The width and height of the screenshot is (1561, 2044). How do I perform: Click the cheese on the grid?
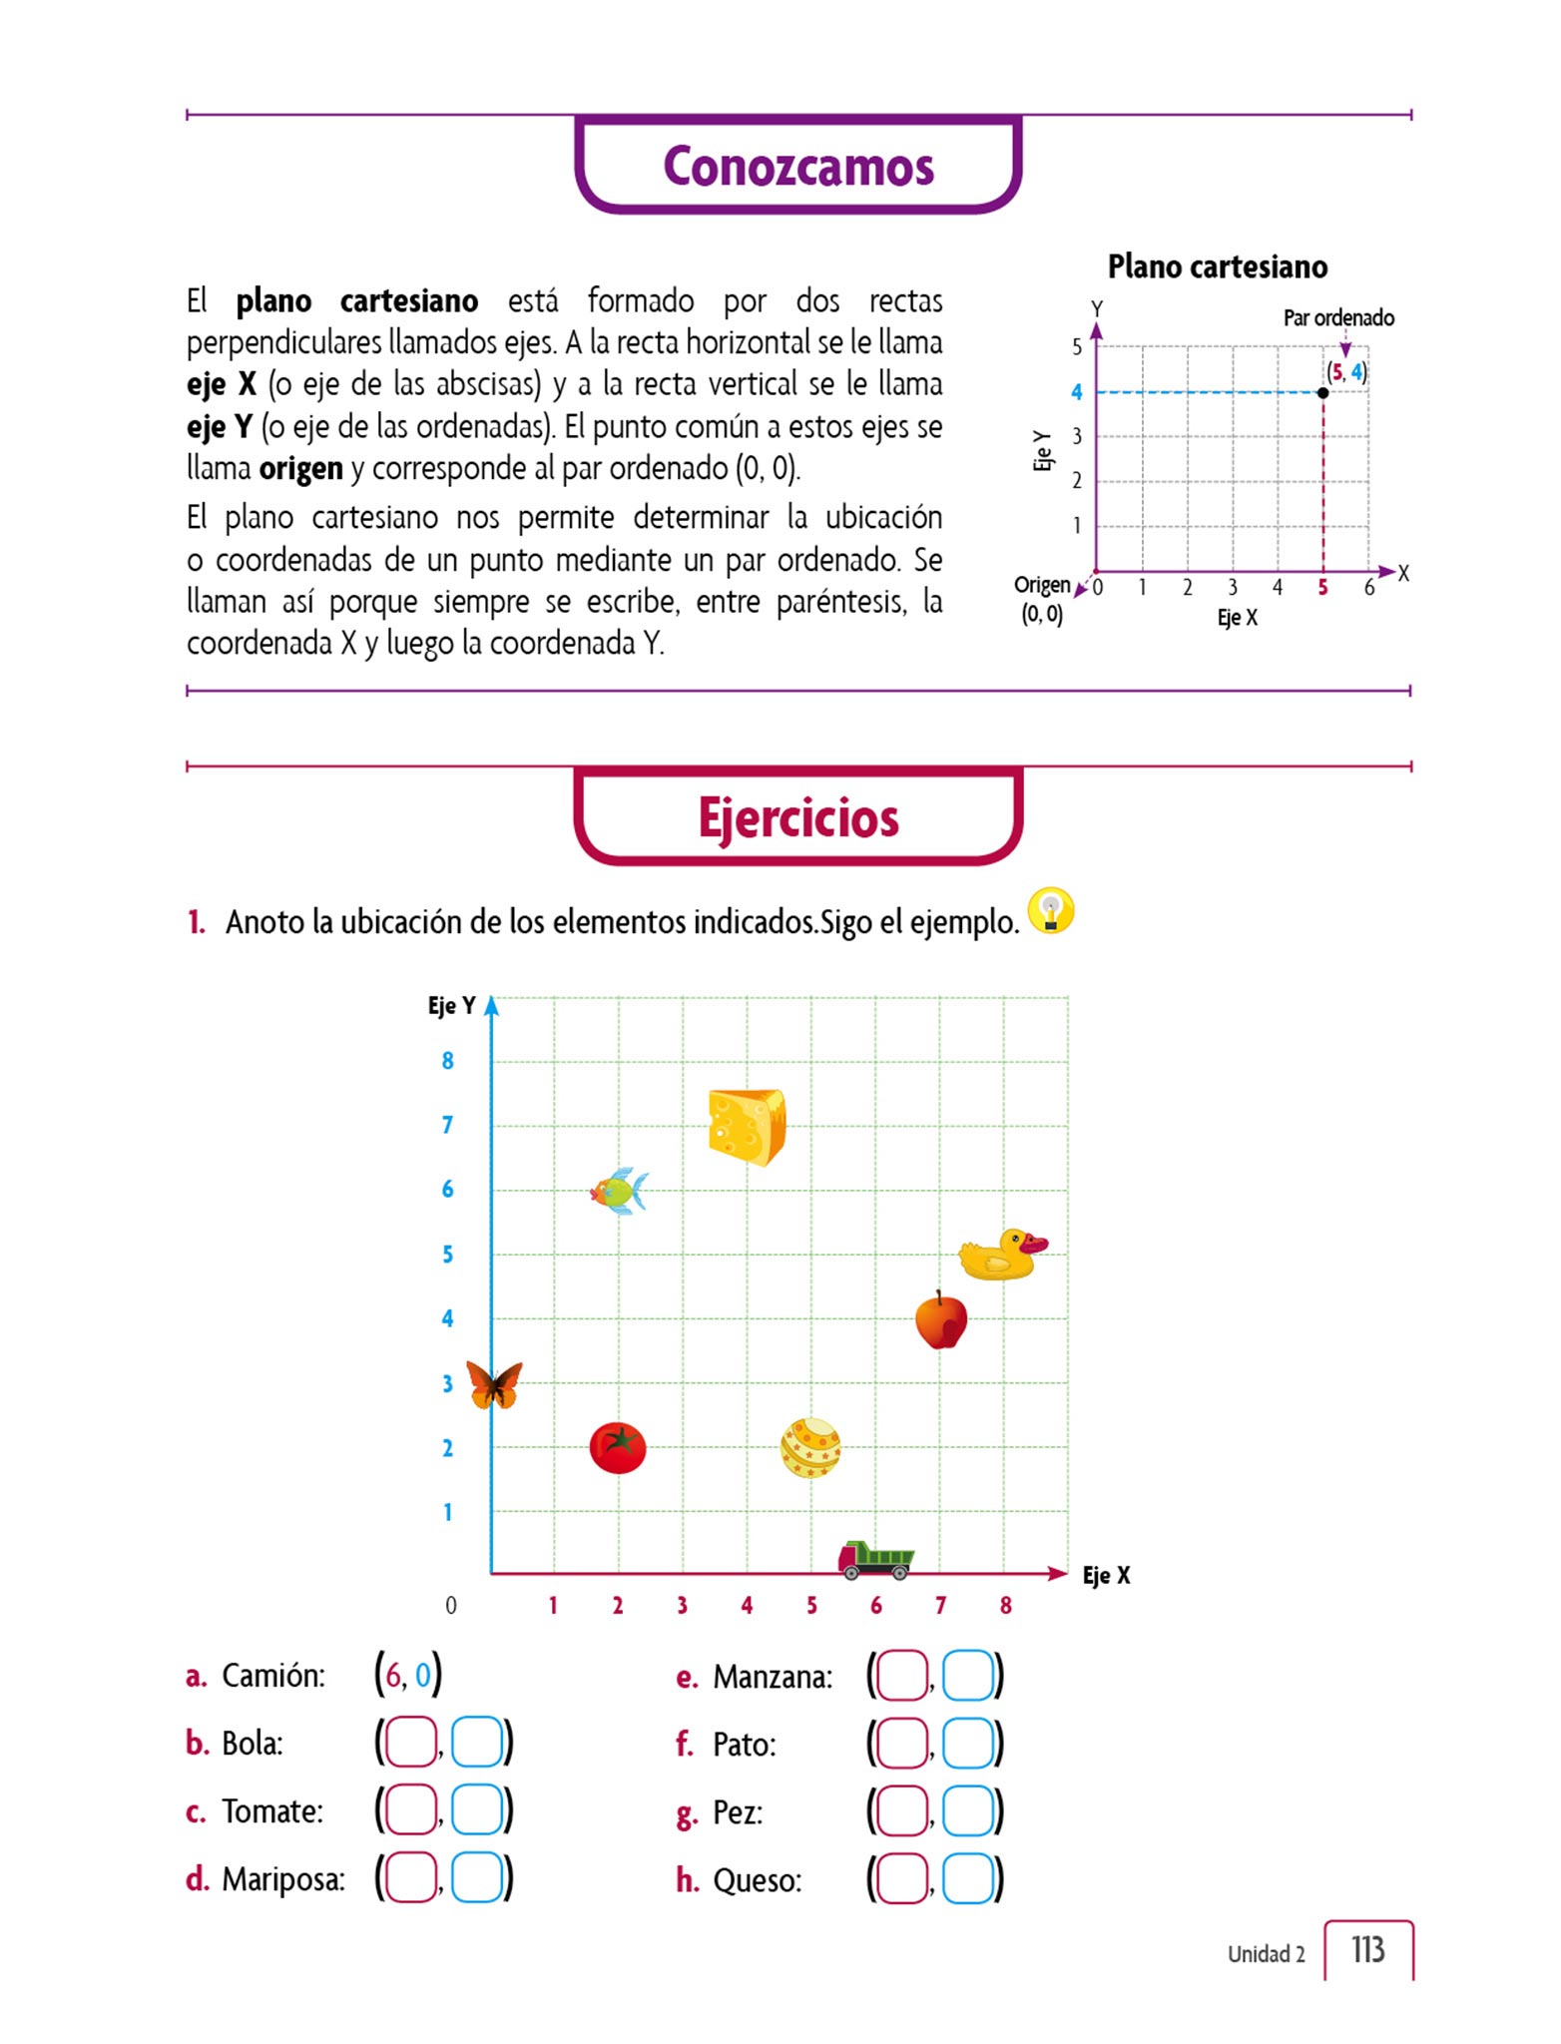coord(747,1127)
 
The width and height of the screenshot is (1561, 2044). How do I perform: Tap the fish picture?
coord(619,1191)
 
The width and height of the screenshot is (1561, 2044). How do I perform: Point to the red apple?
coord(941,1320)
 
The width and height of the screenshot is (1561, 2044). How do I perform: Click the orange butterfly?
coord(494,1384)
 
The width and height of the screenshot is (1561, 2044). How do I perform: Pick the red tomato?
coord(618,1447)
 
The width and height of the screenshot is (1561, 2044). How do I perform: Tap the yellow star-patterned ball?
coord(810,1448)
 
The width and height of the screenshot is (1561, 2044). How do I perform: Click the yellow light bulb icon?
coord(1050,911)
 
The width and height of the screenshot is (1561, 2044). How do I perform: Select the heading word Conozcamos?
coord(798,166)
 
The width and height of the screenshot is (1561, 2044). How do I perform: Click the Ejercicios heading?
coord(798,817)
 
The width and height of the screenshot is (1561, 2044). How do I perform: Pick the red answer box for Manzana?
coord(901,1676)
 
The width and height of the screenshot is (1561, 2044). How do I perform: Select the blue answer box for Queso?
coord(968,1879)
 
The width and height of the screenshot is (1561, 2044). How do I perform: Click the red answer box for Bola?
coord(410,1743)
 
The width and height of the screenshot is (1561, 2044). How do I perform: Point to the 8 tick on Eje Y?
coord(448,1061)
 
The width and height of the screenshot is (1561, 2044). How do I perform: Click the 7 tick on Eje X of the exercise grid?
coord(940,1605)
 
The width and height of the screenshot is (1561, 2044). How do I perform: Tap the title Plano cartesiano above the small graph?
coord(1218,266)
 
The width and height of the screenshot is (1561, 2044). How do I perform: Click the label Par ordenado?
coord(1338,318)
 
